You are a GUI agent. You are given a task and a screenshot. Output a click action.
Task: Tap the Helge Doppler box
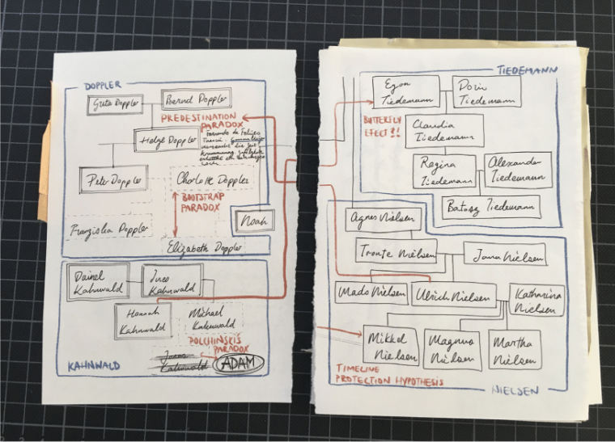pyautogui.click(x=167, y=139)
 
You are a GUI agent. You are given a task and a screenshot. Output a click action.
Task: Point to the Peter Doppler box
pyautogui.click(x=113, y=179)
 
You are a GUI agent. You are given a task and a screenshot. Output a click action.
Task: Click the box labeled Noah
pyautogui.click(x=253, y=220)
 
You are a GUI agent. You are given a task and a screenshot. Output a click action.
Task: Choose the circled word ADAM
pyautogui.click(x=240, y=363)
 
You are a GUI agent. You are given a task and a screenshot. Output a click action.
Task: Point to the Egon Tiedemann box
pyautogui.click(x=405, y=92)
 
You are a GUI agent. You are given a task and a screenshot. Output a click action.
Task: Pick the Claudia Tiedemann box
pyautogui.click(x=445, y=131)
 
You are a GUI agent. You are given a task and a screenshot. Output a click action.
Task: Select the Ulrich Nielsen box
pyautogui.click(x=451, y=295)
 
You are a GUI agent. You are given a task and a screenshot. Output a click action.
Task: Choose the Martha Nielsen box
pyautogui.click(x=514, y=349)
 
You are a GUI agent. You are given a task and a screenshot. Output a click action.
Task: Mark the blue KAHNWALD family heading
pyautogui.click(x=92, y=365)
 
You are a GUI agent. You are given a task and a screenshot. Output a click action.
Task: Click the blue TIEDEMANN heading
pyautogui.click(x=524, y=69)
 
